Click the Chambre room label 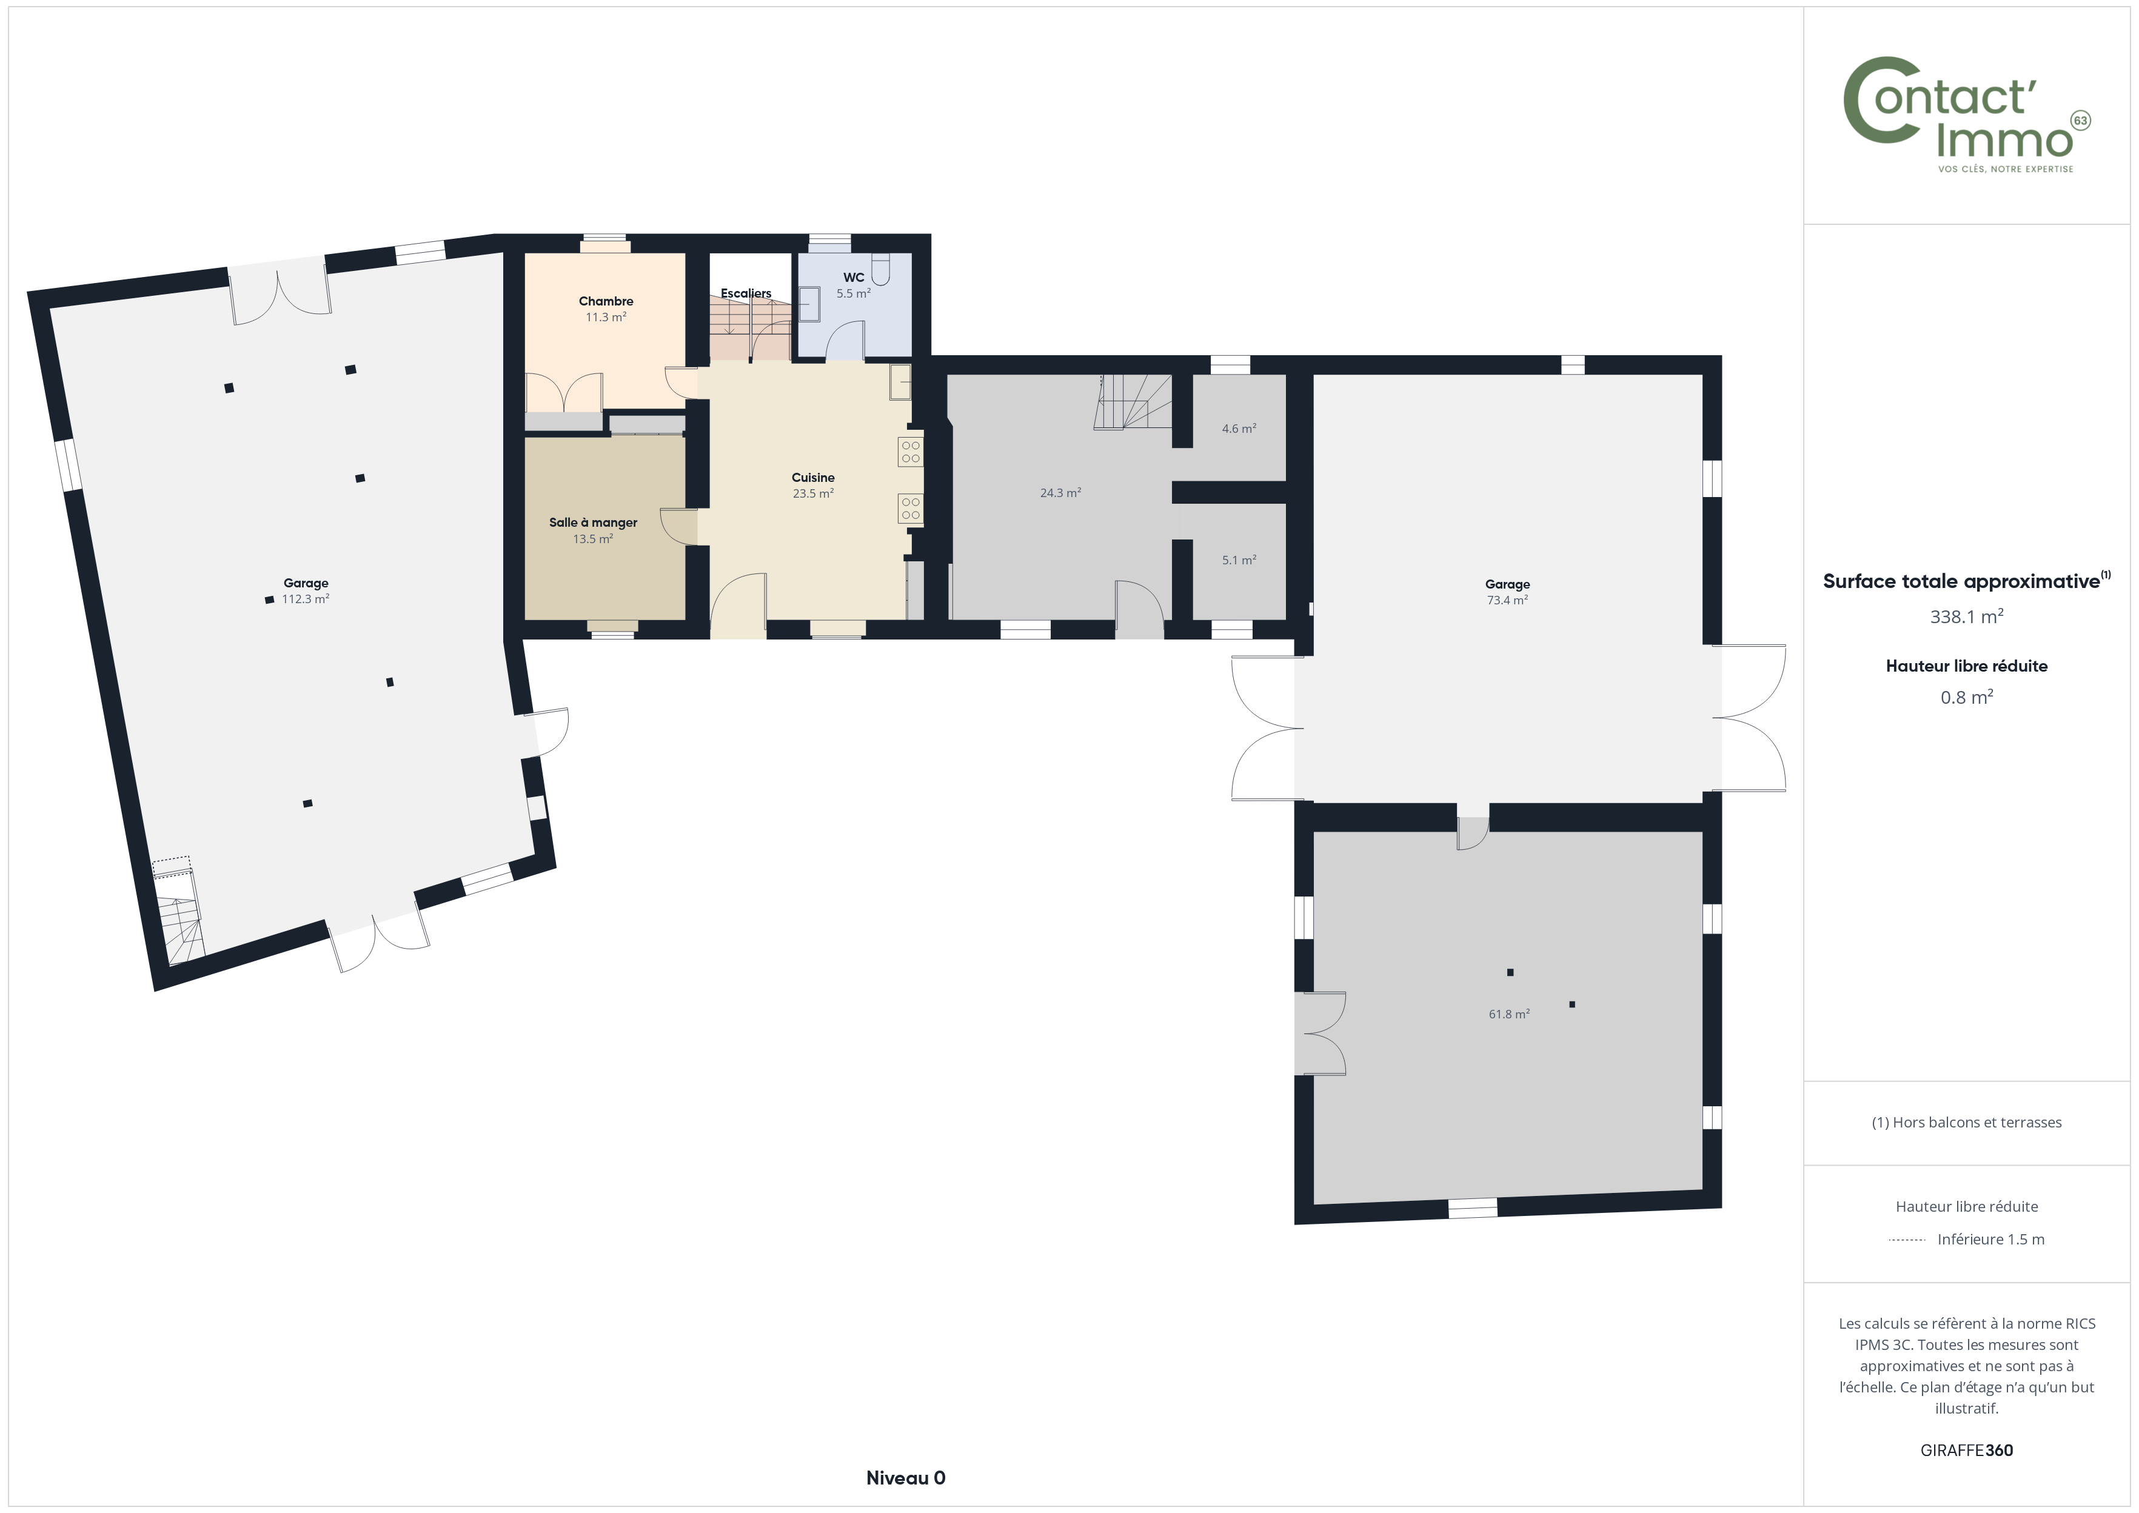(606, 301)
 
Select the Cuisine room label (813, 477)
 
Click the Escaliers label (746, 293)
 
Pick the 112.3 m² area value (306, 599)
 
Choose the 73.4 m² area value (1507, 600)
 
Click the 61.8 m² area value (1509, 1014)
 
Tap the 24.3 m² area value (1060, 493)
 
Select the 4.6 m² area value (1239, 429)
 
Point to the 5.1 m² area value (1239, 560)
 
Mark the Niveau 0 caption (906, 1478)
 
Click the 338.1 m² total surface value (1967, 616)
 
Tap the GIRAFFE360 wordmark (1967, 1449)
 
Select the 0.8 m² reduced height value (1967, 697)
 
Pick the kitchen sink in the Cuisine (900, 382)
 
